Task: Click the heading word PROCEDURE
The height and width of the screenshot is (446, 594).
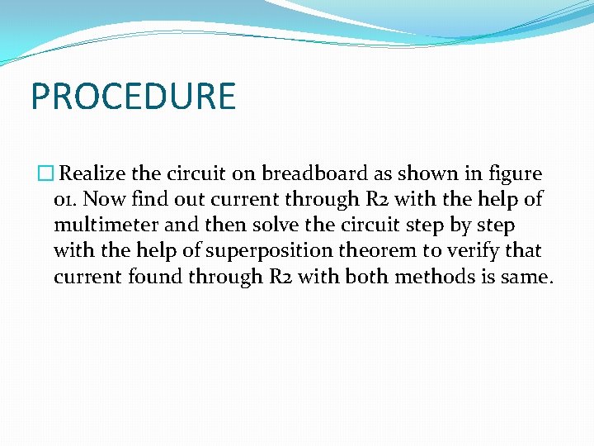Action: [x=133, y=96]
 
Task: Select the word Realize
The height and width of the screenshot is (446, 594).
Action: [x=93, y=174]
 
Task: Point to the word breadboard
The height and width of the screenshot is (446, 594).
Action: [x=309, y=174]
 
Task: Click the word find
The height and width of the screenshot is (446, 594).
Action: [x=148, y=200]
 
